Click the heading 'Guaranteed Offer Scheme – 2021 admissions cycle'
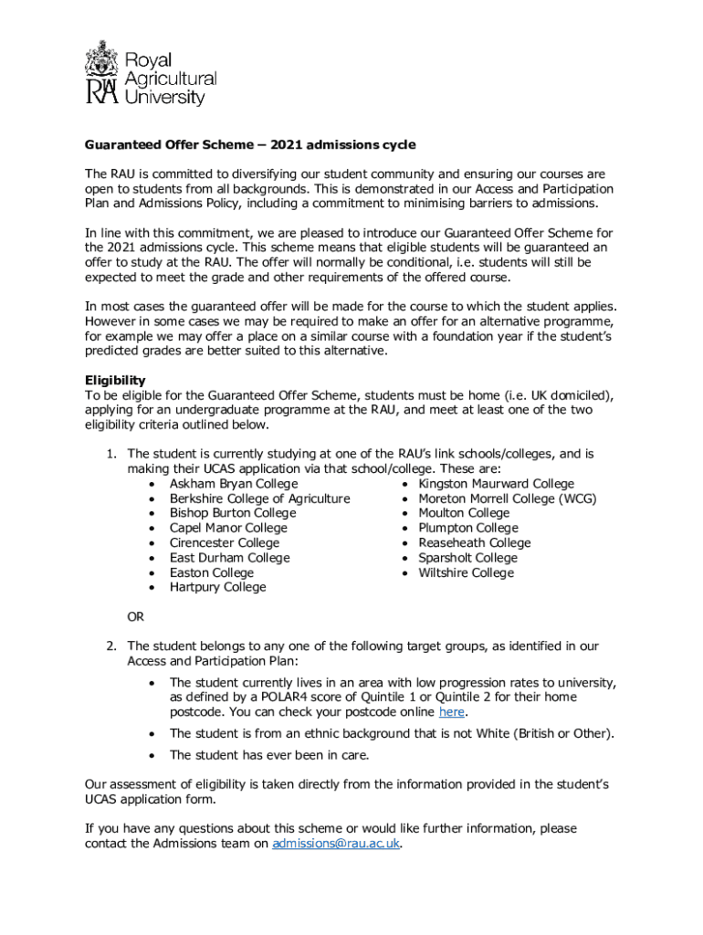pos(250,144)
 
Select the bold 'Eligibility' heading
pos(115,380)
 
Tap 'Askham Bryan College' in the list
pos(234,484)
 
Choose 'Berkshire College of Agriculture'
pos(259,499)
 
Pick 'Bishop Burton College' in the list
pos(233,513)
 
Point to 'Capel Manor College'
pos(228,528)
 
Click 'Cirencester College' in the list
pos(225,543)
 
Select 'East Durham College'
pos(229,558)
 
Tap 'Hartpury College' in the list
pos(217,587)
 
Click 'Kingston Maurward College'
pos(496,484)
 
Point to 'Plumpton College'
pos(467,528)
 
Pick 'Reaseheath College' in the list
pos(474,543)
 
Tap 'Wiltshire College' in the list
pos(466,573)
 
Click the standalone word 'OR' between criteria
pos(135,617)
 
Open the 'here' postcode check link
pos(452,712)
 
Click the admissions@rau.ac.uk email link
pos(336,845)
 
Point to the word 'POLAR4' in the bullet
pos(268,698)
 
